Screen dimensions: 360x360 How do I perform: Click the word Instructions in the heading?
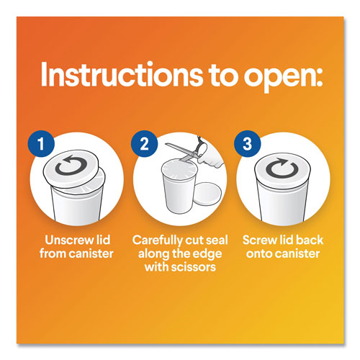coord(122,73)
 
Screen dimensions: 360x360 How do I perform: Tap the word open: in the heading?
coord(284,77)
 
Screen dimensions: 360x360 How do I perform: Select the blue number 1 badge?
coord(41,144)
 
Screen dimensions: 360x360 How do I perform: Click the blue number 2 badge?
coord(144,144)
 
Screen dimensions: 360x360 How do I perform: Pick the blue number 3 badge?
coord(248,144)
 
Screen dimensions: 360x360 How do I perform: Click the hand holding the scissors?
coord(210,156)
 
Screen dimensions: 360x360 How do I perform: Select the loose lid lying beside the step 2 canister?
coord(208,194)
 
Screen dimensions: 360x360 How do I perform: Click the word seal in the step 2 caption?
coord(217,240)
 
